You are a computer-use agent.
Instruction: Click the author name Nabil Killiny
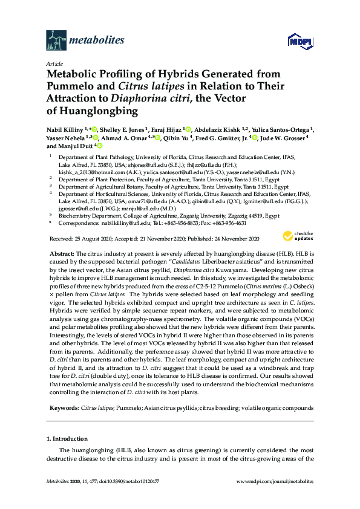click(x=65, y=129)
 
